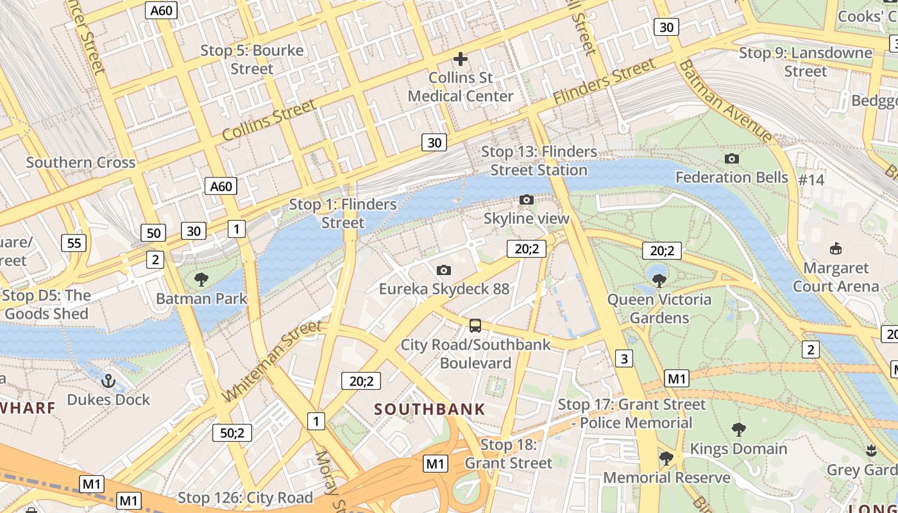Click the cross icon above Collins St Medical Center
[x=461, y=59]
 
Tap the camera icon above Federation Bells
[x=731, y=158]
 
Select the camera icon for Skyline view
[x=527, y=200]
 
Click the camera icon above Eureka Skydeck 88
[x=443, y=270]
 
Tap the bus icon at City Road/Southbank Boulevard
[x=475, y=326]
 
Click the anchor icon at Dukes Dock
[x=108, y=382]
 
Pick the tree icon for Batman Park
[x=201, y=280]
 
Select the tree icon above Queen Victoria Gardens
[x=659, y=281]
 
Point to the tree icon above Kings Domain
[x=738, y=430]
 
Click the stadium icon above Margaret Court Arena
[x=836, y=249]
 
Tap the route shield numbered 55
[x=74, y=243]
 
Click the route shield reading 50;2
[x=232, y=433]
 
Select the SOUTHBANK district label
[x=430, y=409]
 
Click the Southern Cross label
[x=81, y=162]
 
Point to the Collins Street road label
[x=269, y=120]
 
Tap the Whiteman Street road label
[x=273, y=360]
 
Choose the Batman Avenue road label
[x=725, y=101]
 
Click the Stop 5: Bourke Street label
[x=251, y=59]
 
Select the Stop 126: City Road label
[x=245, y=498]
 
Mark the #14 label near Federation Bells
[x=811, y=180]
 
